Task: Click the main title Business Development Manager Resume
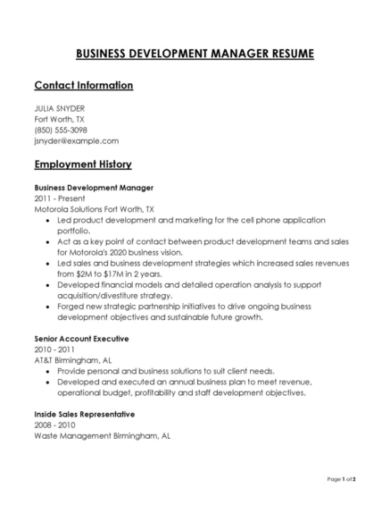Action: coord(195,54)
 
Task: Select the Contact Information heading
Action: coord(83,86)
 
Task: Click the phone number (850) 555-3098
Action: coord(60,130)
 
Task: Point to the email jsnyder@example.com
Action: coord(76,140)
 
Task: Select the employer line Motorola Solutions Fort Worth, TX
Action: coord(99,208)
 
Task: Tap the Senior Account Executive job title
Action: coord(81,339)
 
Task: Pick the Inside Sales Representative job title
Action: coord(84,415)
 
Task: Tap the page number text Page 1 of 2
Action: coord(341,480)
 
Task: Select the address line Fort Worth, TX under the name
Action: coord(60,119)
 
